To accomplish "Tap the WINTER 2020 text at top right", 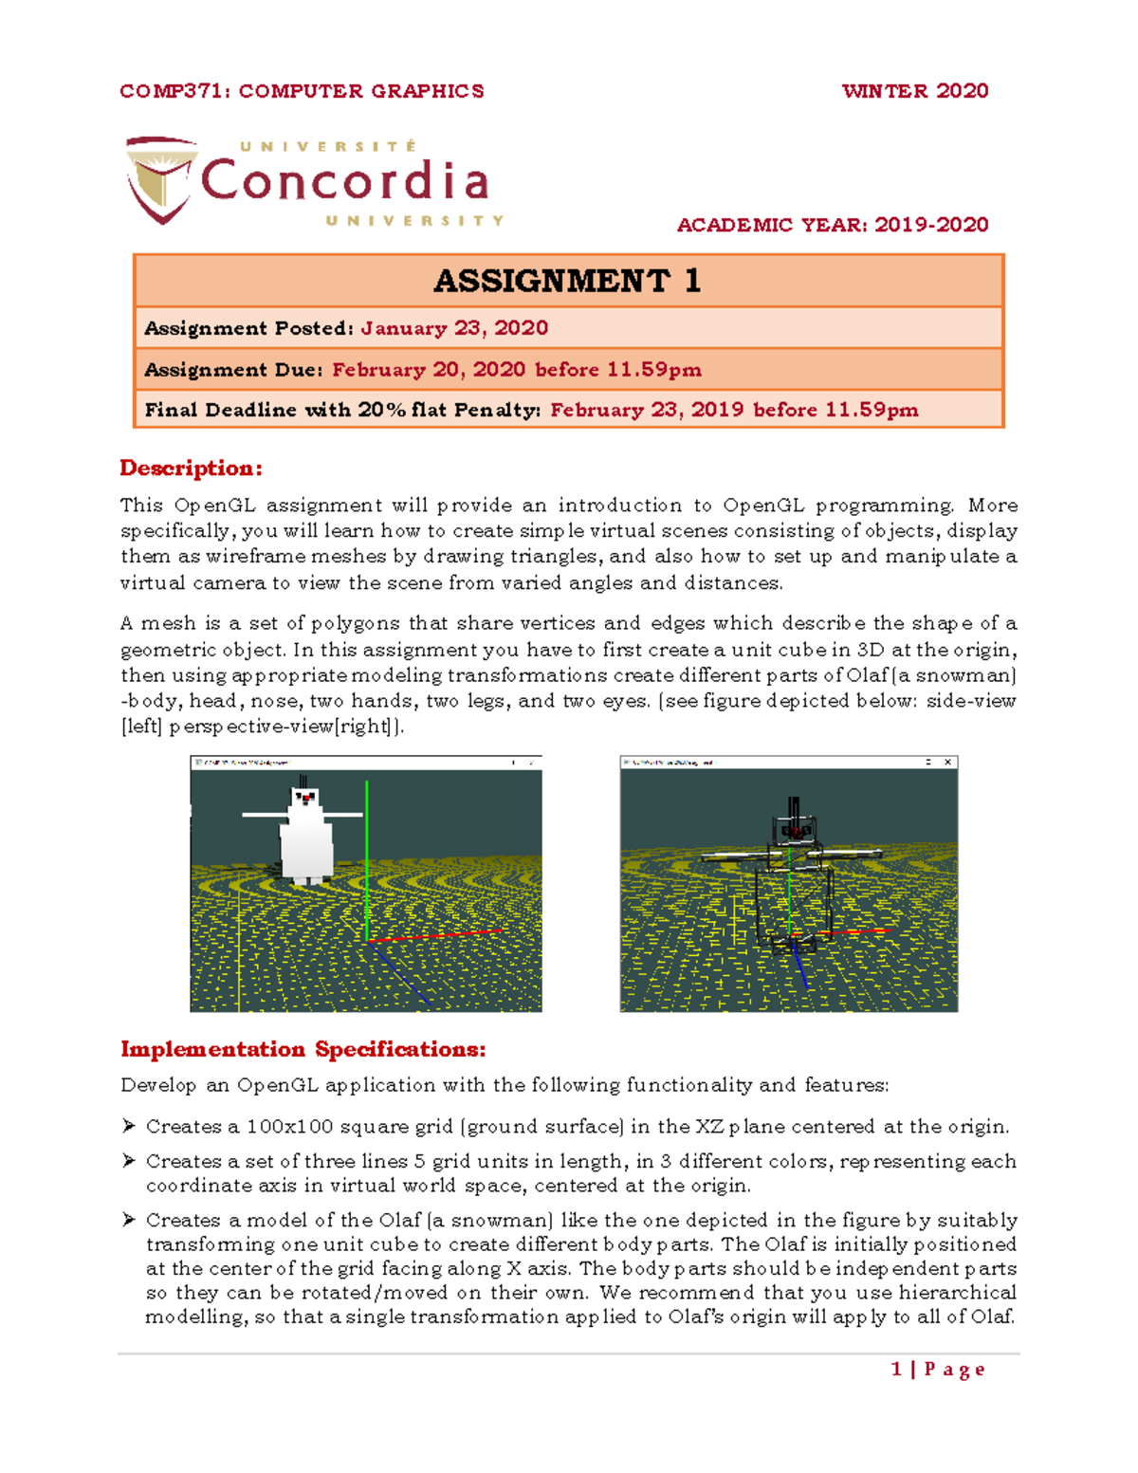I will point(914,91).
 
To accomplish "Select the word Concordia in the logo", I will point(345,180).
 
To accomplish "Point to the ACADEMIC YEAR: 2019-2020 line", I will point(832,225).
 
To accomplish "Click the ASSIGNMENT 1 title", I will point(567,281).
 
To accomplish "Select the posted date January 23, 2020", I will point(454,328).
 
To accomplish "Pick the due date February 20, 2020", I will point(430,370).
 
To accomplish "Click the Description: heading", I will point(191,469).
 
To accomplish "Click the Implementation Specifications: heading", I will point(303,1049).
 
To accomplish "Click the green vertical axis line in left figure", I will point(367,854).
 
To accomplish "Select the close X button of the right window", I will point(947,762).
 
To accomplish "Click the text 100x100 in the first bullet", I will point(289,1127).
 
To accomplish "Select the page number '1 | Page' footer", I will point(938,1369).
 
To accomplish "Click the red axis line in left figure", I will point(436,936).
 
